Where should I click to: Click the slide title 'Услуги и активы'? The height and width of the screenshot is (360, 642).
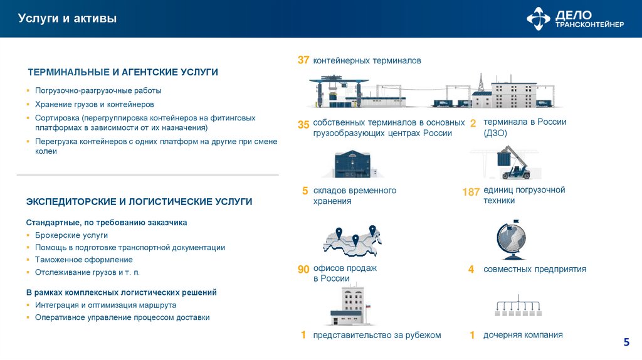click(x=67, y=19)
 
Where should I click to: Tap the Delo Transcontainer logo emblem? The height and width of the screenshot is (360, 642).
click(x=538, y=19)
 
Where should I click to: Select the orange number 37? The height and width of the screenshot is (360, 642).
click(x=303, y=60)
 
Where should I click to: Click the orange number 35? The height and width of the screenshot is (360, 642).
click(x=303, y=125)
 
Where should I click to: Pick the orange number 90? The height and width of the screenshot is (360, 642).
click(x=303, y=270)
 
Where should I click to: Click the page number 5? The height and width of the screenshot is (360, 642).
click(x=626, y=342)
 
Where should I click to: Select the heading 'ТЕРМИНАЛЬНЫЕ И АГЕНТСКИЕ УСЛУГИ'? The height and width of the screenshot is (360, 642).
click(x=122, y=72)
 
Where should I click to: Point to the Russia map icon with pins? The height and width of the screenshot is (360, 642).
click(x=352, y=241)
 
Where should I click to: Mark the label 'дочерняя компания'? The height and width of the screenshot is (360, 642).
click(x=523, y=335)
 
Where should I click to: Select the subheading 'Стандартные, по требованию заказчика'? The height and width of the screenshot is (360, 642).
click(x=107, y=223)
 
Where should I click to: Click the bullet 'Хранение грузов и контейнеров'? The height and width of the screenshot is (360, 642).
click(x=94, y=105)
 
